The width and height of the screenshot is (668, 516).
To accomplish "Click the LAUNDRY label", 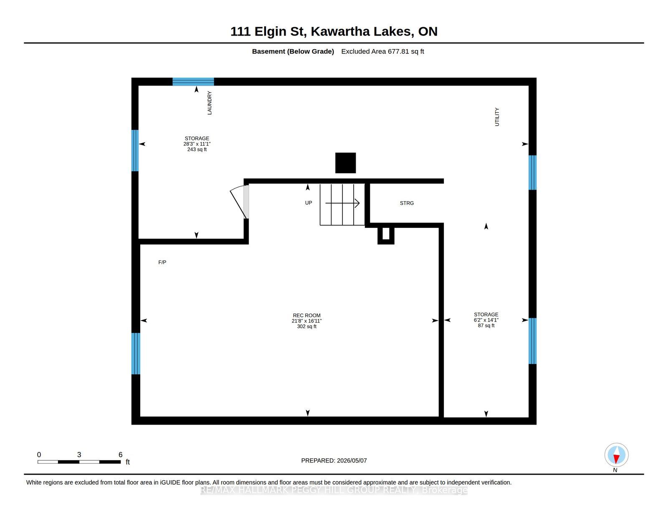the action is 209,103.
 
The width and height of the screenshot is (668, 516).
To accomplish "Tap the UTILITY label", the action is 497,117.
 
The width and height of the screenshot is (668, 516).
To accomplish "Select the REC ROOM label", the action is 306,315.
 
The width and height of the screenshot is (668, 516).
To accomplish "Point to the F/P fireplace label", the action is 162,262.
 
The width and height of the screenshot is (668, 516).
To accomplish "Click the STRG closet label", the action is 406,203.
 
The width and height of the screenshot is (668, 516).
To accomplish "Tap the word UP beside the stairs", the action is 309,203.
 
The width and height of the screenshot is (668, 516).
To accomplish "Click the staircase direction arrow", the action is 342,203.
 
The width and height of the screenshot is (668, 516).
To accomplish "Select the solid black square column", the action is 346,163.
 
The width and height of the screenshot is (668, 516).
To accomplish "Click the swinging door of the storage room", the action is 238,201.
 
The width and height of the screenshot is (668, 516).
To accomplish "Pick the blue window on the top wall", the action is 193,82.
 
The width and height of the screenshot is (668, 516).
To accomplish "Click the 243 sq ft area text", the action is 197,149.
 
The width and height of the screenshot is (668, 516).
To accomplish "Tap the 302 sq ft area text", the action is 306,326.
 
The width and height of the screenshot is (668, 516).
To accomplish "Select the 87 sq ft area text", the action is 486,326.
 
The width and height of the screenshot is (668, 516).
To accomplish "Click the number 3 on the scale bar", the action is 79,455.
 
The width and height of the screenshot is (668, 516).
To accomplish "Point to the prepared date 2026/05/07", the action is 352,460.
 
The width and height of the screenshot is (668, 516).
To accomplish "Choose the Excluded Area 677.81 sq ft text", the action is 382,51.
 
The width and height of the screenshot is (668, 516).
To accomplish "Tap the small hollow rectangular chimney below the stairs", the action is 386,235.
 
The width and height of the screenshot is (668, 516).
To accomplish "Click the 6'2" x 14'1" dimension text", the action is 486,320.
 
